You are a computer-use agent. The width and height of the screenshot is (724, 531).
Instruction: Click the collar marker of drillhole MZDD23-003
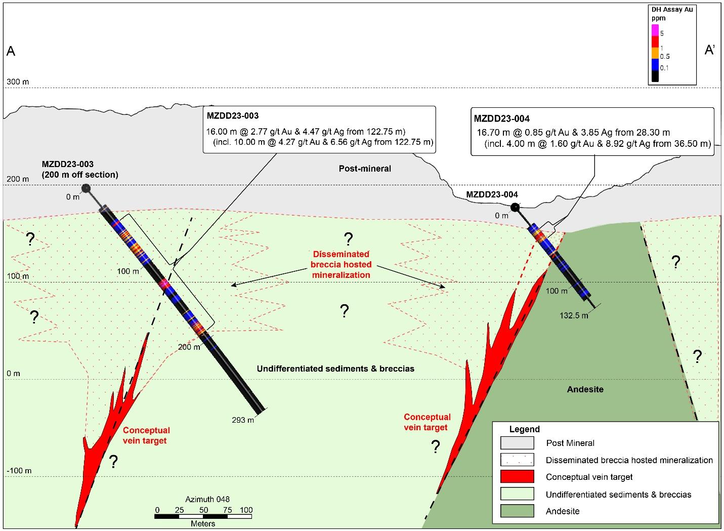86,188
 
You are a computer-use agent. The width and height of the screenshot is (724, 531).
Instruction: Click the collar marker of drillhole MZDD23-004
515,207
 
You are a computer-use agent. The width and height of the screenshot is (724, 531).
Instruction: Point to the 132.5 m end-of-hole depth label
574,315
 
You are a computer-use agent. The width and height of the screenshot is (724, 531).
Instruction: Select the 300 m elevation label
18,82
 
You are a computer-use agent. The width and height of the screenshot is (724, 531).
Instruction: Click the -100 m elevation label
19,471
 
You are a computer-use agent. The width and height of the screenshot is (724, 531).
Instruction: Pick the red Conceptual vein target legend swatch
517,477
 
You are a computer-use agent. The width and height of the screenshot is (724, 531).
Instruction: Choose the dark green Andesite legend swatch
517,511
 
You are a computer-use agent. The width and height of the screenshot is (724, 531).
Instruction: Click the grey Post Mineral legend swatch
517,443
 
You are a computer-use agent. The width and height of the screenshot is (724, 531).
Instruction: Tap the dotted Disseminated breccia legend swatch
517,460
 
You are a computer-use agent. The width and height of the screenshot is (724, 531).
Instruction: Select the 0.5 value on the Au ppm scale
665,57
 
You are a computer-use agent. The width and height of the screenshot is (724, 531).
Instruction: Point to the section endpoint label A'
710,50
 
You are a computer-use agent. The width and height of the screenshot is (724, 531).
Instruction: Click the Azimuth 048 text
207,500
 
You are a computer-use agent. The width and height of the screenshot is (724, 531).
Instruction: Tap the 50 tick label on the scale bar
203,510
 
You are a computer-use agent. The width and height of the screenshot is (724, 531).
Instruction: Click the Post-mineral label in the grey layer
365,169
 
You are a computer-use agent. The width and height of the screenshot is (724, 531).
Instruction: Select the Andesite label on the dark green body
585,389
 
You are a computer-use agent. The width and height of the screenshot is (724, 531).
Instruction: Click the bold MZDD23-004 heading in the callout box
501,119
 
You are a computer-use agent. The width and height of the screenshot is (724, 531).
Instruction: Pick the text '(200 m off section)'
80,175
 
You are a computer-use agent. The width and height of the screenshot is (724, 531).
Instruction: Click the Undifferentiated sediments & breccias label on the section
335,369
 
